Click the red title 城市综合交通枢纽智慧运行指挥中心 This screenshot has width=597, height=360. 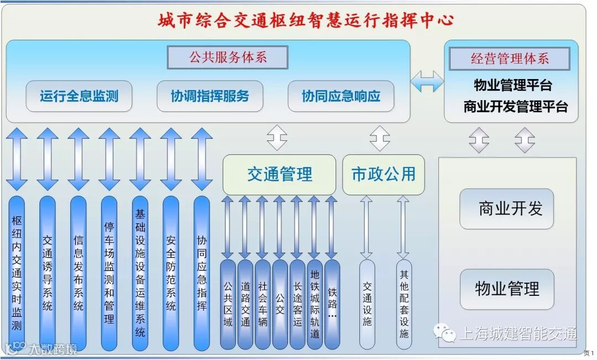tap(306, 20)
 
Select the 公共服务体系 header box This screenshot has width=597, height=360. tap(228, 58)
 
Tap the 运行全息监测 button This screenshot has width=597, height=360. tap(79, 96)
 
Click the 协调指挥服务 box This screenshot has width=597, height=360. tap(210, 96)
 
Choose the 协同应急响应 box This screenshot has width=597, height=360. tap(341, 96)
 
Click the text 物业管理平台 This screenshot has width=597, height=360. tap(513, 86)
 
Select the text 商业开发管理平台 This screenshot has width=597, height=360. tap(515, 107)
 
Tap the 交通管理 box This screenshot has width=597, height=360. tap(279, 175)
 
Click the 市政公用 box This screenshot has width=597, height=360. tap(384, 175)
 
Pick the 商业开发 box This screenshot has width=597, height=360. tap(506, 208)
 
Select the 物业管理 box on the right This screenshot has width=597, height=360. tap(506, 289)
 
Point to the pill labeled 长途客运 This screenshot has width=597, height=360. tap(297, 304)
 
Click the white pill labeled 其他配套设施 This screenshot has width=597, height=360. tap(404, 304)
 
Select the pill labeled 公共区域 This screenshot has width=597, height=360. tap(228, 304)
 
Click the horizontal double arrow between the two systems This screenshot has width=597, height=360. tap(427, 81)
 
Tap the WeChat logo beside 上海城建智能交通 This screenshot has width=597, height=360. tap(445, 332)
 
